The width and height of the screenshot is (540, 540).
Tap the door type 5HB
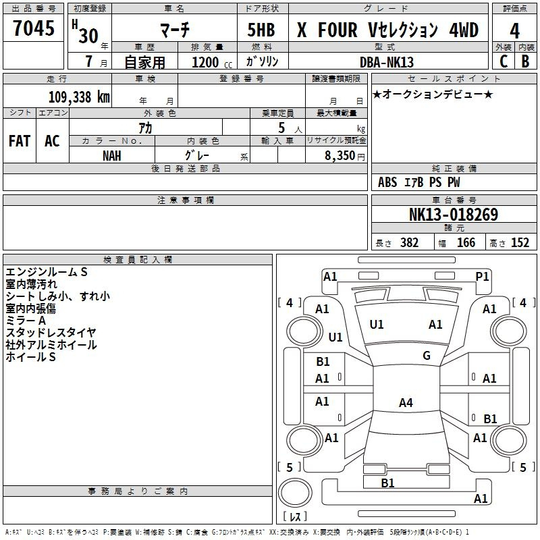[262, 30]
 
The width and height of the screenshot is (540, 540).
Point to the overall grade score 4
[514, 30]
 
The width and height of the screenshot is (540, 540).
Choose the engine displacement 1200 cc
[211, 62]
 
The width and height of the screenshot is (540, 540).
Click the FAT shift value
[20, 141]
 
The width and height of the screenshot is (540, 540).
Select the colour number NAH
[112, 155]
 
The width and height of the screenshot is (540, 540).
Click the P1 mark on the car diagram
[482, 276]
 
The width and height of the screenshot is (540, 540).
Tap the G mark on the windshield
[427, 356]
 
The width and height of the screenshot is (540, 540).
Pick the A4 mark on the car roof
[405, 403]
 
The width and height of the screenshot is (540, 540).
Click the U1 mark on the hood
[377, 325]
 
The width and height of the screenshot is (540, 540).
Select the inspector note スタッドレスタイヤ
[51, 333]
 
